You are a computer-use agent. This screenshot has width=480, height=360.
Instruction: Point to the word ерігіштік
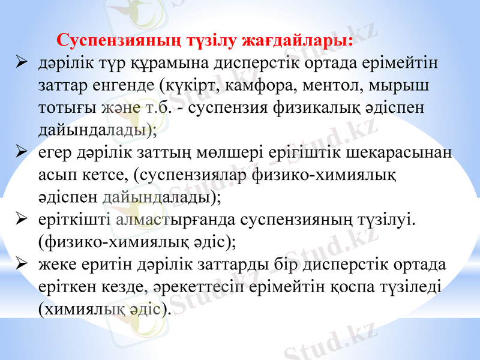click(x=295, y=152)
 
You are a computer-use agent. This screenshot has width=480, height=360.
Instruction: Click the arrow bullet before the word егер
click(x=21, y=152)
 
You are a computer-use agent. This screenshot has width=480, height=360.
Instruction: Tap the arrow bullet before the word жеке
click(x=21, y=264)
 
